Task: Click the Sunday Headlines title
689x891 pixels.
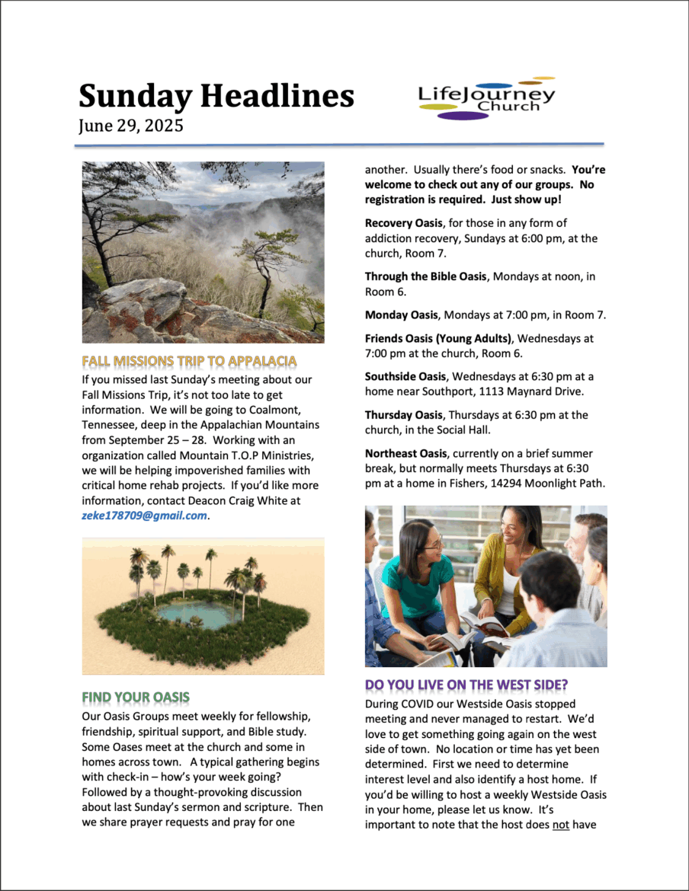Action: tap(216, 97)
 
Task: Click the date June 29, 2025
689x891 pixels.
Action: tap(130, 126)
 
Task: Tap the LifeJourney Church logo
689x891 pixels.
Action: tap(486, 98)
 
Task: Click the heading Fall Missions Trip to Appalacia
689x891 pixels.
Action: tap(189, 360)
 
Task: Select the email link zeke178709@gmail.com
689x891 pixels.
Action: tap(144, 516)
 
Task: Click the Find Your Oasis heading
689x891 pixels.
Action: tap(136, 697)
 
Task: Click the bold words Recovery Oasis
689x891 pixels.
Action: tap(402, 223)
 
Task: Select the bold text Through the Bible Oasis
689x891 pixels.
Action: tap(425, 276)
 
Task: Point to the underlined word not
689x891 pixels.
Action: tap(560, 822)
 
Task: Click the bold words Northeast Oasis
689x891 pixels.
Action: tap(405, 453)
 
